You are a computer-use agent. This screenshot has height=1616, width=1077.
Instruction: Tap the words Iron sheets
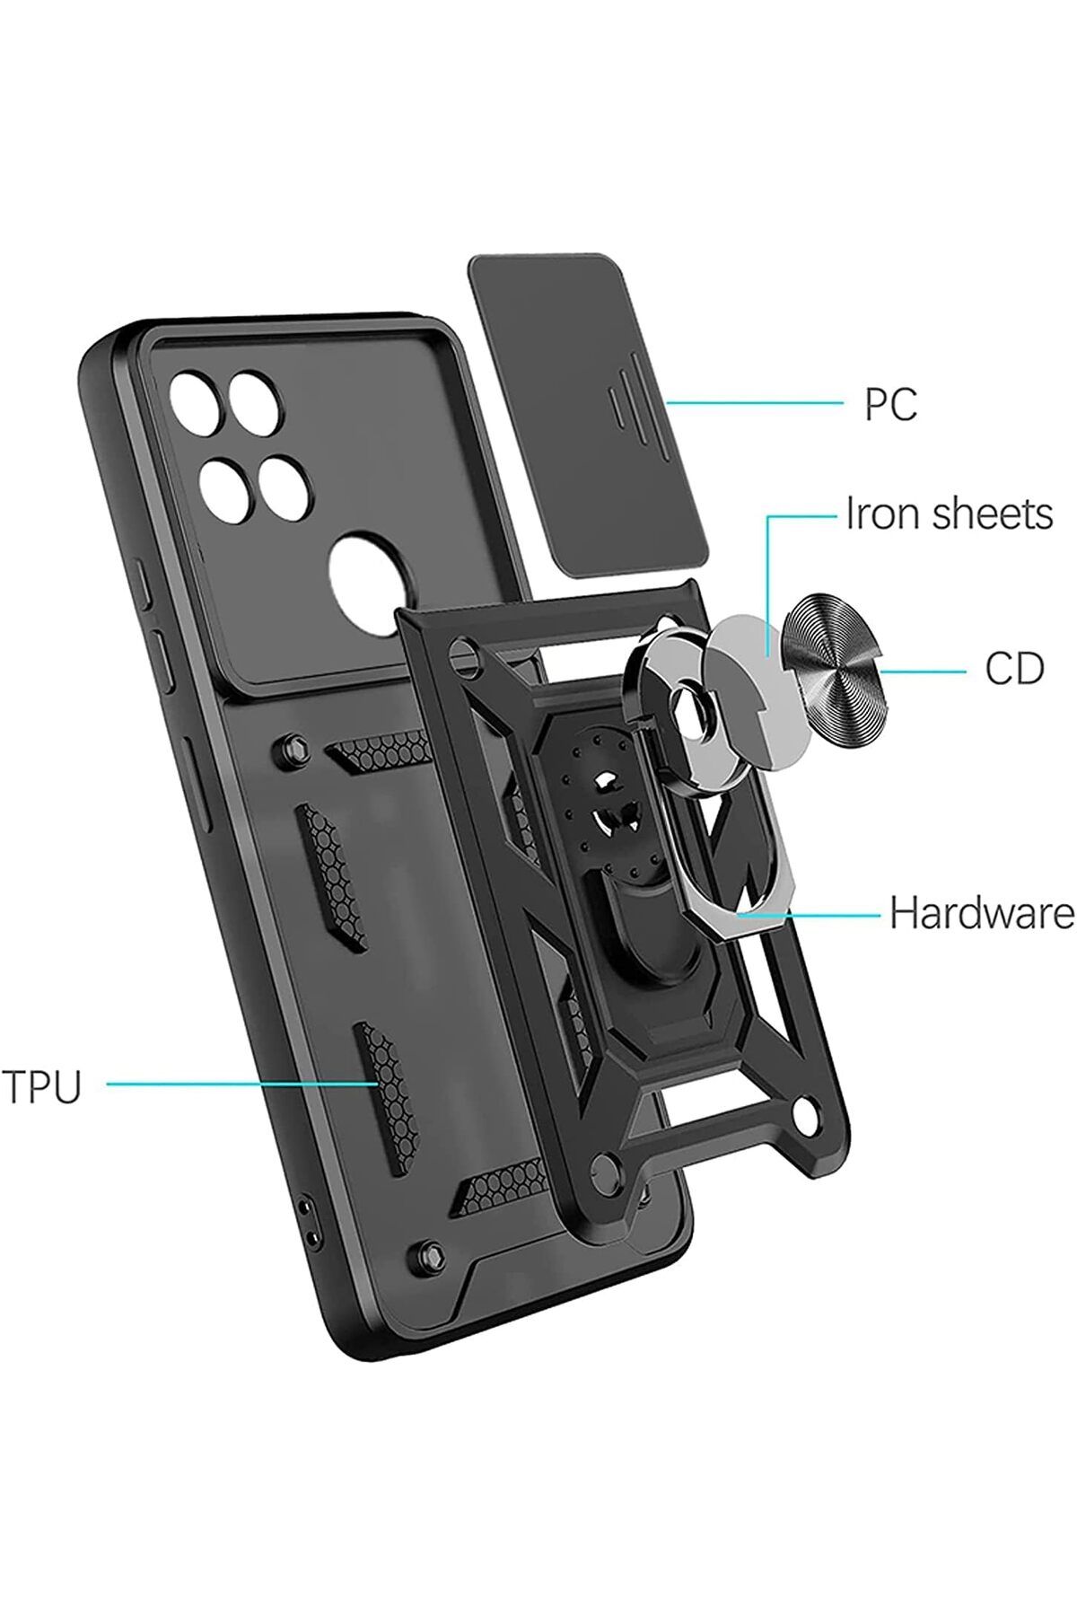coord(950,514)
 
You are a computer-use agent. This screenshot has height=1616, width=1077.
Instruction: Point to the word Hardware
coord(982,914)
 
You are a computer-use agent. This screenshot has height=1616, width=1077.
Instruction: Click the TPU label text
coord(42,1086)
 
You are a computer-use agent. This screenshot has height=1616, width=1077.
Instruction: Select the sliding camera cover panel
coord(588,414)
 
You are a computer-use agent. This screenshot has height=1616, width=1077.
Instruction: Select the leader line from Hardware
coord(807,914)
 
